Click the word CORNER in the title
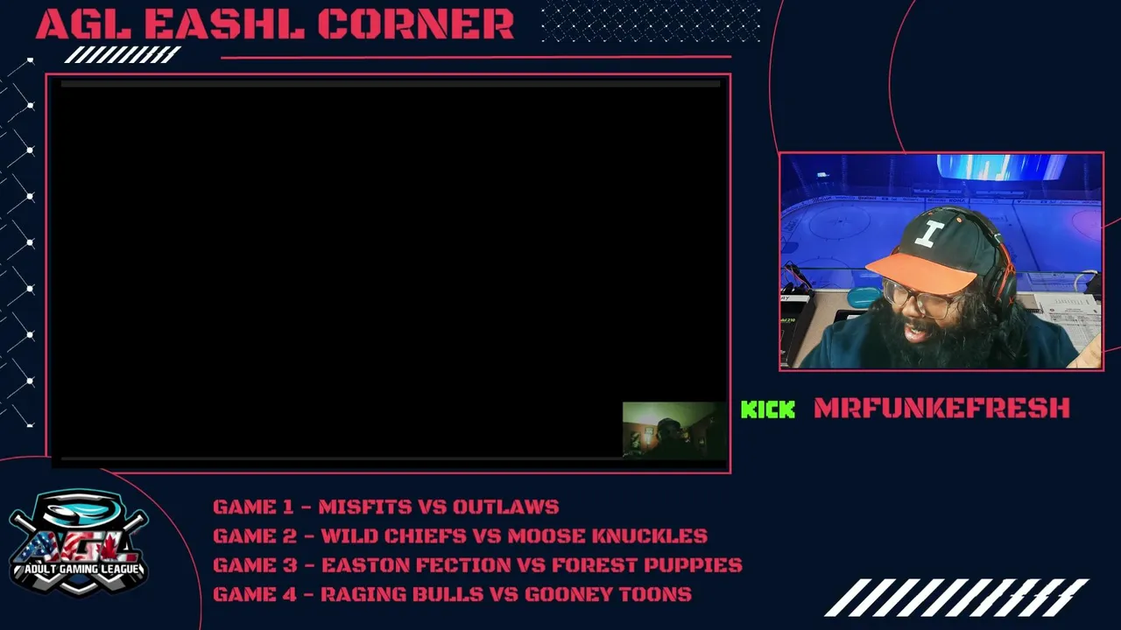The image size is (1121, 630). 416,24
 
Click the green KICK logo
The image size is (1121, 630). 768,409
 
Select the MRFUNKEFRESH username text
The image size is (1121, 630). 941,408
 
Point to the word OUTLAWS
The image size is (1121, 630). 506,507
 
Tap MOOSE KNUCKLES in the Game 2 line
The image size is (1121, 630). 608,536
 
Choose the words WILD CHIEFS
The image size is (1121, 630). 393,536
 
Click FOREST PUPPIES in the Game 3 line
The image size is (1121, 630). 647,565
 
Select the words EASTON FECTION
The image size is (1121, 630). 416,565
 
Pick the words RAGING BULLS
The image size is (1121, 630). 402,594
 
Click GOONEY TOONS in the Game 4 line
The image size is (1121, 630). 608,594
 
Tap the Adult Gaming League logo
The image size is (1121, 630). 79,542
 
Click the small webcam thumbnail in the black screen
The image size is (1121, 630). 674,430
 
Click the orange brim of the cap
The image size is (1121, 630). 920,272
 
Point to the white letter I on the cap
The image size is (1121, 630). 930,234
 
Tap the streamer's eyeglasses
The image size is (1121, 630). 916,297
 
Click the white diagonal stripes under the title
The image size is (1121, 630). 123,54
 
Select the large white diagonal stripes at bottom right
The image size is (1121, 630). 957,598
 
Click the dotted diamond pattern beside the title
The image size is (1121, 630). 651,21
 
